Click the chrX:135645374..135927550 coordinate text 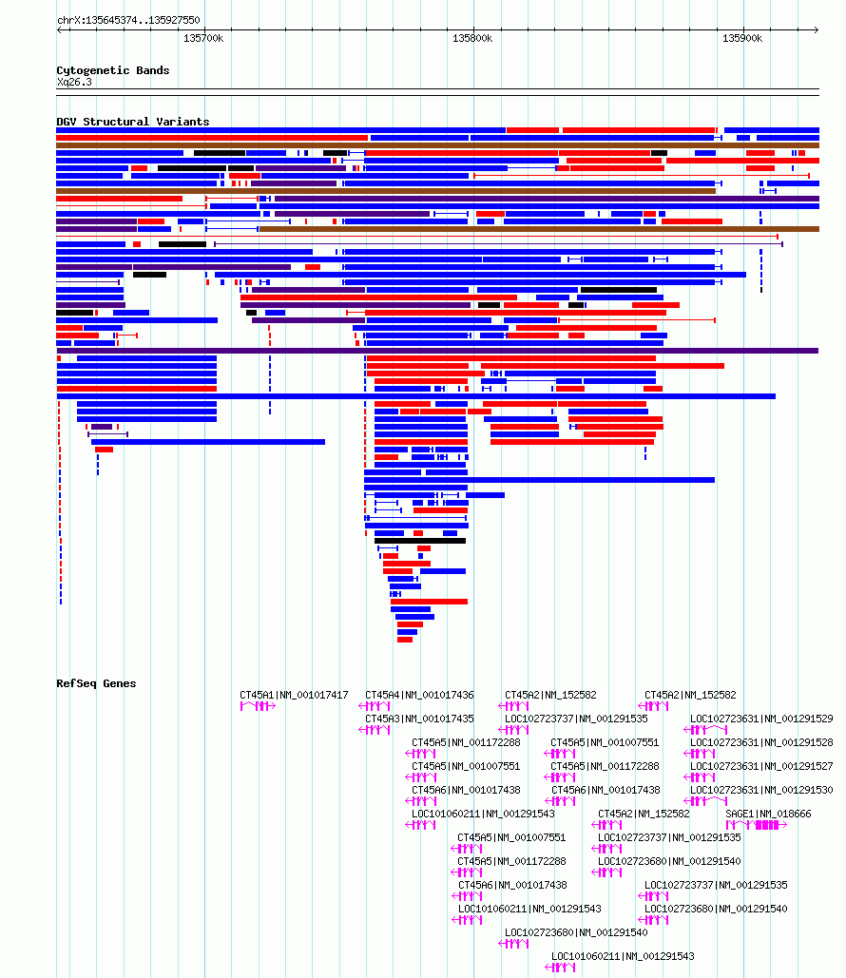128,20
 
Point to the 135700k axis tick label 203,39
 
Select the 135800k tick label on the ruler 472,39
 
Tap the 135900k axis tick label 742,39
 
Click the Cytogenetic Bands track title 113,70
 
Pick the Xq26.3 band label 74,83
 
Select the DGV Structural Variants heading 133,122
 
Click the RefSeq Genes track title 96,683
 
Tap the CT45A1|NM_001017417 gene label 294,695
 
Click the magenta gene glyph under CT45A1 258,706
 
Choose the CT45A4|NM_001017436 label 419,695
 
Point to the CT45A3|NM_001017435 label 419,719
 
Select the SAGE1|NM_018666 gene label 768,814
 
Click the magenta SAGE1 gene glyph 756,825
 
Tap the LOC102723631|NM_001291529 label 761,719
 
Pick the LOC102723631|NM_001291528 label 761,742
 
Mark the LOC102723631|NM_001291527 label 761,766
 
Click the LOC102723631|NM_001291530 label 761,790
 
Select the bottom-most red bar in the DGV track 405,640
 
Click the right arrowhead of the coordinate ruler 816,30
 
